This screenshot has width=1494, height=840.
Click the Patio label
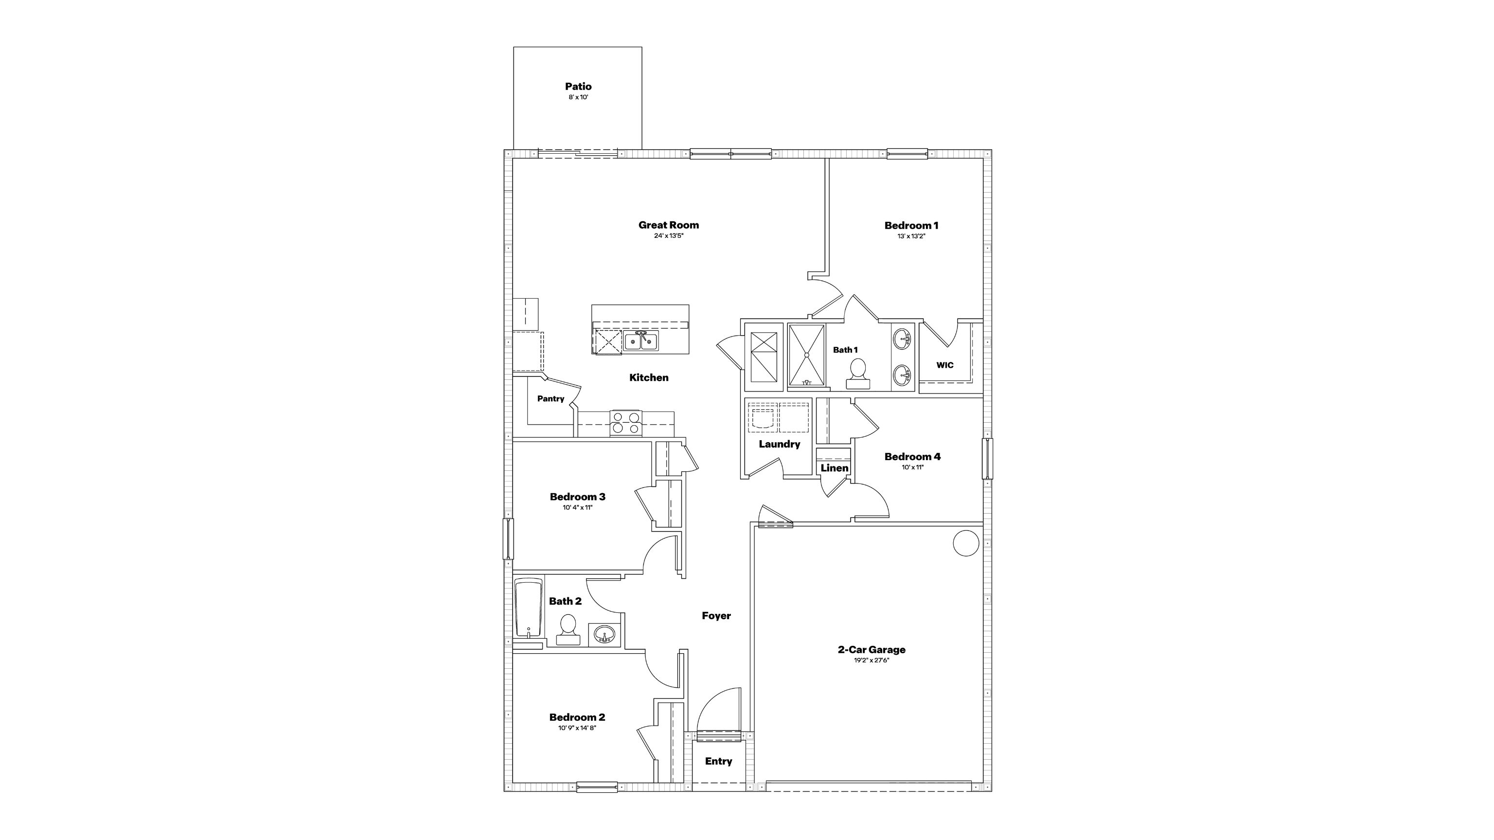(578, 87)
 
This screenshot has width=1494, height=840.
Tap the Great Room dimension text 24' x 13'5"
(669, 236)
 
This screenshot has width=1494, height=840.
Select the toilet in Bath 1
(858, 374)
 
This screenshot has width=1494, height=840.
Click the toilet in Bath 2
(568, 630)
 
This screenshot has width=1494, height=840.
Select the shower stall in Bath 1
(806, 355)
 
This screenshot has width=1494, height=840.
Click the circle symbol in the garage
(966, 543)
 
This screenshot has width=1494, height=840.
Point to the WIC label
(945, 365)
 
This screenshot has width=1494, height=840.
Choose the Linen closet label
(835, 467)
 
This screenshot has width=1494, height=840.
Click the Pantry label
(551, 398)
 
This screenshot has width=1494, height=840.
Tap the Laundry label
(780, 444)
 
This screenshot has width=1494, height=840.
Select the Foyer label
(716, 615)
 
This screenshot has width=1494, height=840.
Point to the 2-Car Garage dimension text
(871, 660)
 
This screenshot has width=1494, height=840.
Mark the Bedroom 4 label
(913, 457)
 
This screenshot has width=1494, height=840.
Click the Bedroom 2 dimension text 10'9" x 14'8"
(577, 728)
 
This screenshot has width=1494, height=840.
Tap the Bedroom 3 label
(578, 497)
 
